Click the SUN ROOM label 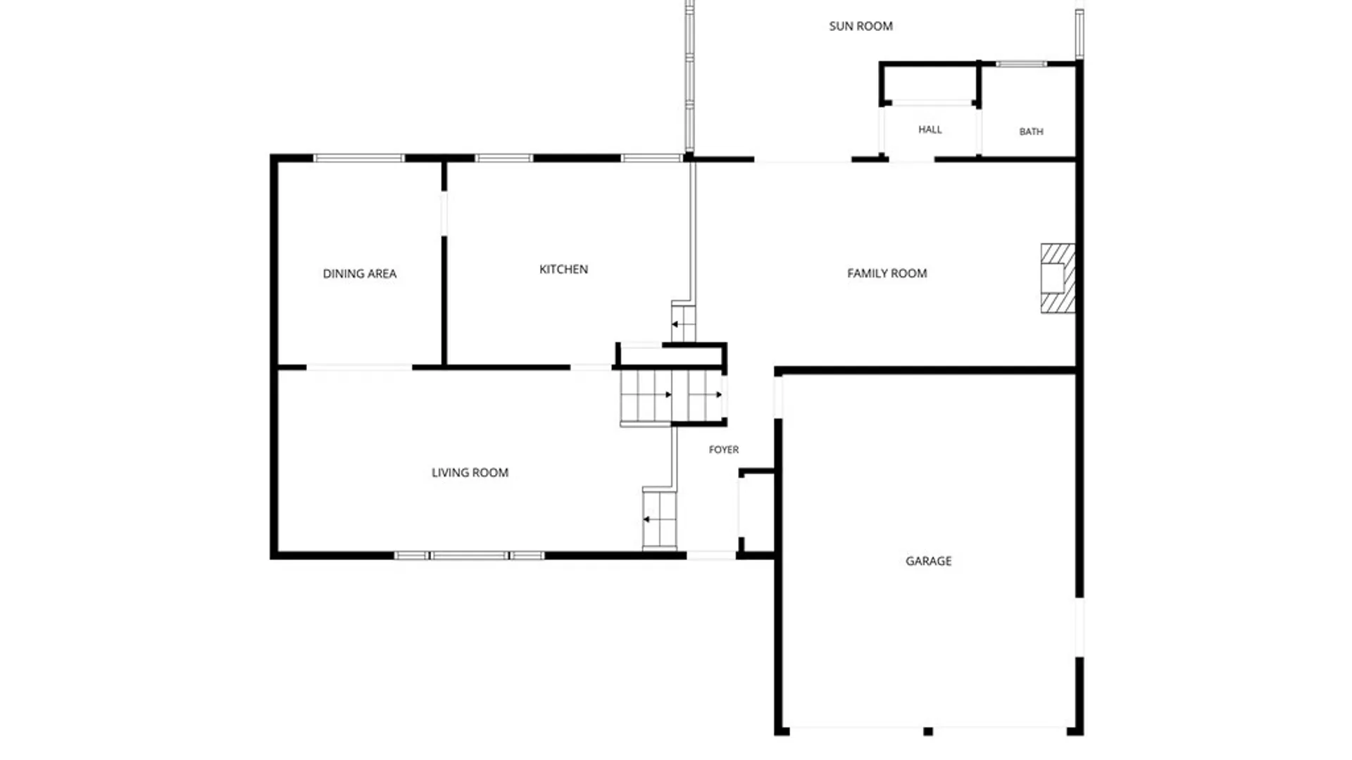(x=860, y=26)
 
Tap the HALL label (x=930, y=129)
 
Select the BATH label (x=1031, y=132)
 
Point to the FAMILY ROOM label (x=887, y=273)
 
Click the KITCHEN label (x=563, y=269)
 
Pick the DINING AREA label (x=359, y=274)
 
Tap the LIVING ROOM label (x=470, y=473)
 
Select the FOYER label (x=723, y=450)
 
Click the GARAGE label (x=928, y=561)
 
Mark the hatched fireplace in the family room (x=1058, y=278)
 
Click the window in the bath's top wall (x=1021, y=64)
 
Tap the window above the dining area (x=359, y=158)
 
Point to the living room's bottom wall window (x=469, y=556)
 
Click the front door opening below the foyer (x=711, y=556)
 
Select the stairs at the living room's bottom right (x=659, y=519)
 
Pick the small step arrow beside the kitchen (x=675, y=324)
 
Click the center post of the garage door (x=928, y=732)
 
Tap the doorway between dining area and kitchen (x=444, y=213)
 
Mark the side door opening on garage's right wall (x=1079, y=627)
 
